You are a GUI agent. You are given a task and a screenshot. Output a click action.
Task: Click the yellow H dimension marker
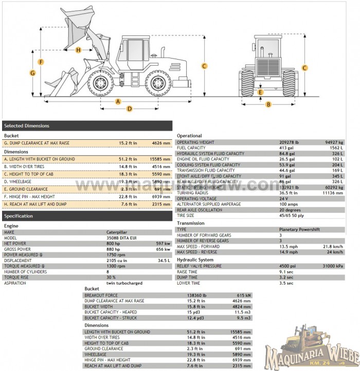78,50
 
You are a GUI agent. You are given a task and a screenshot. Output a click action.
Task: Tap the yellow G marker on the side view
32,73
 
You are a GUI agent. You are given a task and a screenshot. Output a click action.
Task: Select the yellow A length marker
118,101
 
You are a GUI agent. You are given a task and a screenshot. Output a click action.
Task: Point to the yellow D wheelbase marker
130,108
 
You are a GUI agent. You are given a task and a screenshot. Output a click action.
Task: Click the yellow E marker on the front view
261,92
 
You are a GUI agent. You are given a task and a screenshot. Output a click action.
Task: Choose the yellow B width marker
268,104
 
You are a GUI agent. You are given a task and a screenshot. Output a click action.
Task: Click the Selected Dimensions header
27,126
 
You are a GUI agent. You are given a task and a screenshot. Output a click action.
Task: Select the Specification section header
19,216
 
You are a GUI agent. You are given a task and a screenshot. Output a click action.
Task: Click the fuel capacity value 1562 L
337,148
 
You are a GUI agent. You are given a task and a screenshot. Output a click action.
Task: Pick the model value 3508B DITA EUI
122,238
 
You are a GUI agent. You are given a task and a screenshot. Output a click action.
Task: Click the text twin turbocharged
124,283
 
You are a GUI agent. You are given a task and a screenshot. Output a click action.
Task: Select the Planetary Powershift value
299,230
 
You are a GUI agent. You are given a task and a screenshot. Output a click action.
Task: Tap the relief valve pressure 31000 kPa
334,266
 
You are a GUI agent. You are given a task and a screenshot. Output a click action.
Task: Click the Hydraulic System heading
195,260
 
